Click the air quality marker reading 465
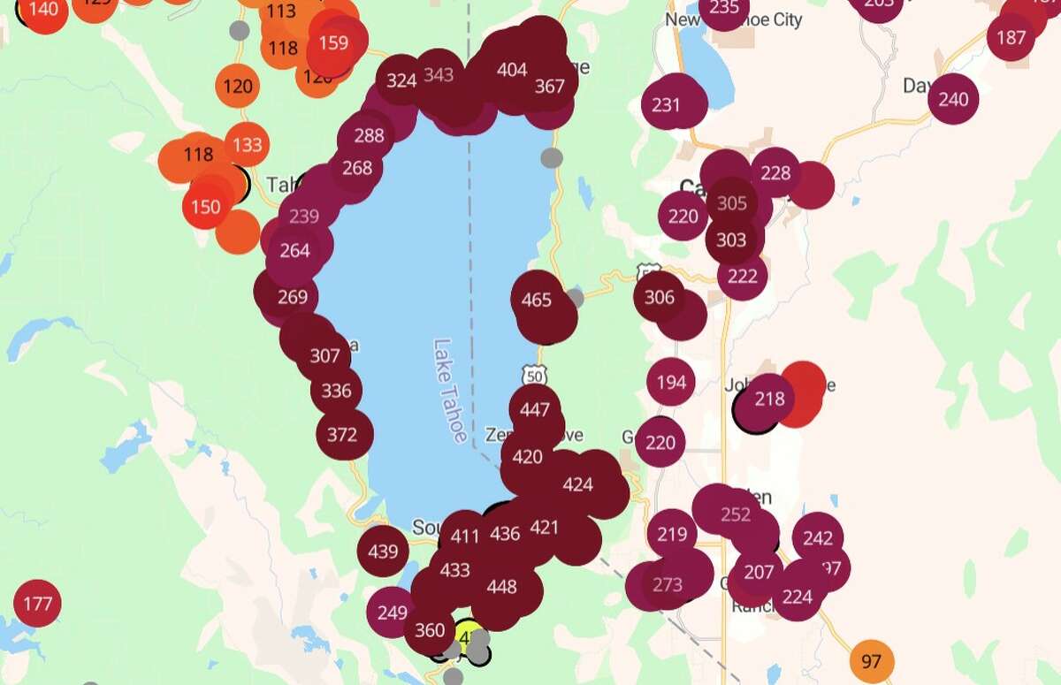click(537, 300)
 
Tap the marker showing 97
click(871, 661)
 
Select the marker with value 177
click(38, 605)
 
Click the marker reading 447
click(535, 410)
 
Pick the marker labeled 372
click(342, 434)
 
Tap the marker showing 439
click(383, 552)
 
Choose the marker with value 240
click(953, 99)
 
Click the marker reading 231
click(666, 104)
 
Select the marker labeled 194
click(672, 383)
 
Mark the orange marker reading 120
click(238, 87)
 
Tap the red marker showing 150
click(206, 207)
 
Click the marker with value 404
click(513, 71)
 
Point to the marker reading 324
click(401, 80)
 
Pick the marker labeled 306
click(660, 297)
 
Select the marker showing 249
click(393, 613)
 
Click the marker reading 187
click(1011, 37)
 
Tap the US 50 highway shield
click(533, 375)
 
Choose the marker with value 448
click(501, 587)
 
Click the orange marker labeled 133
click(248, 144)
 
